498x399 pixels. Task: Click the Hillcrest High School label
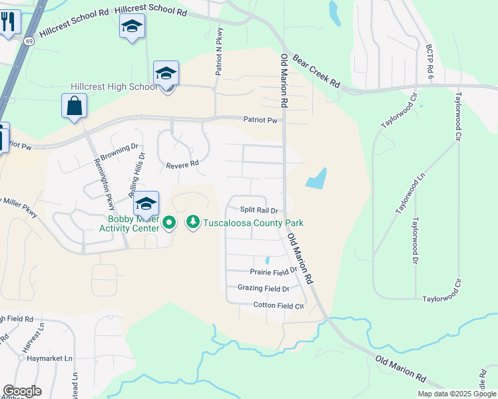(114, 87)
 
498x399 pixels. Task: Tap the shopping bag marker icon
(74, 106)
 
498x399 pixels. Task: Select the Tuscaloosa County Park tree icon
(193, 221)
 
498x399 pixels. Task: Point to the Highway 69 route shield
(30, 41)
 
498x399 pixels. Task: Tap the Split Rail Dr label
(258, 210)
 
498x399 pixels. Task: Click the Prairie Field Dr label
(273, 271)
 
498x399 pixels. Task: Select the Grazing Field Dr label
(264, 289)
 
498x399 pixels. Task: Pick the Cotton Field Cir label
(278, 306)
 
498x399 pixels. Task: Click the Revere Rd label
(182, 164)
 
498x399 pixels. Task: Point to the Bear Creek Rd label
(316, 72)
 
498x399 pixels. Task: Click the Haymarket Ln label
(50, 358)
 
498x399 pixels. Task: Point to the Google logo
(22, 391)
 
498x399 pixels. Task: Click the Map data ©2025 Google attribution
(457, 394)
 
